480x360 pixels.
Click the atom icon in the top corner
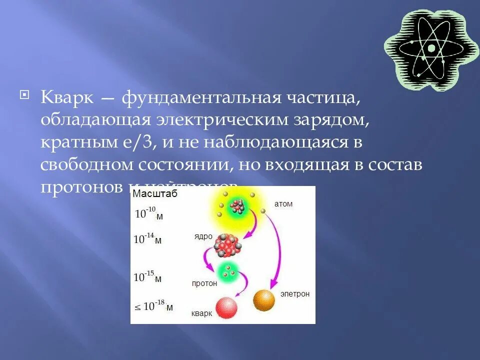(x=431, y=48)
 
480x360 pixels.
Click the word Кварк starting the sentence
(x=67, y=97)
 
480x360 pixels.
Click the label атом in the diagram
(x=283, y=204)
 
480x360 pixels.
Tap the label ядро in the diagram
(x=203, y=236)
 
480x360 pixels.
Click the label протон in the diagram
(x=204, y=283)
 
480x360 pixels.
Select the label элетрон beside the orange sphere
(x=295, y=294)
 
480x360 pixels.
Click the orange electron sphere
(x=264, y=300)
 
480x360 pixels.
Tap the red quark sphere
(x=226, y=307)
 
